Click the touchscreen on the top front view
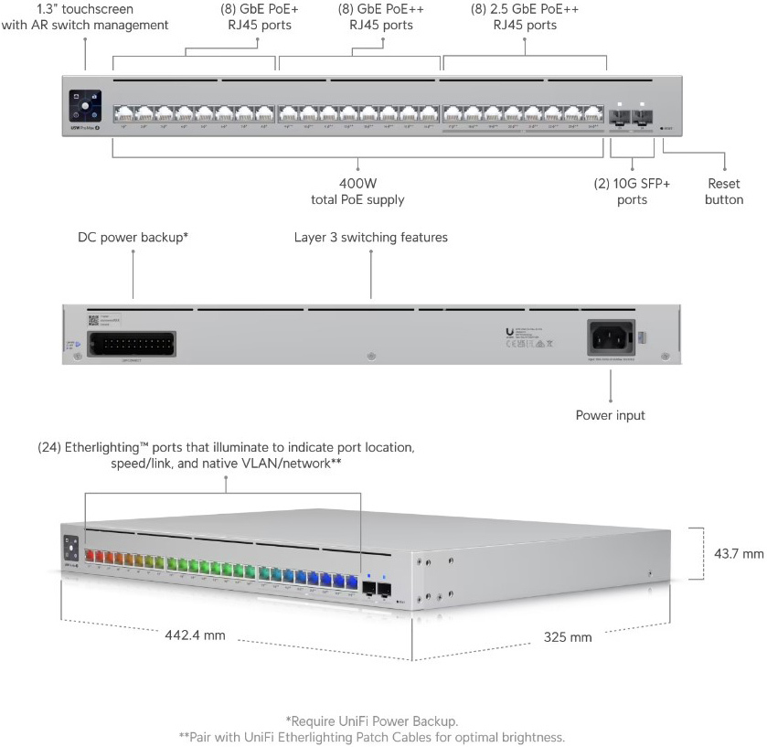(85, 105)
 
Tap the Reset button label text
(723, 191)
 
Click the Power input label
(610, 415)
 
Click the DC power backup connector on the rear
(134, 343)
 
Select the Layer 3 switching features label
(370, 237)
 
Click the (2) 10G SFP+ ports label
(632, 191)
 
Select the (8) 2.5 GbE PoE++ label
(524, 16)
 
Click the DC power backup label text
(133, 237)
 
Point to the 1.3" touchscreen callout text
(85, 16)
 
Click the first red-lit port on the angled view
(91, 554)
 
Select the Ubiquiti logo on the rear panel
(509, 333)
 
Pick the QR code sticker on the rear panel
(92, 320)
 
